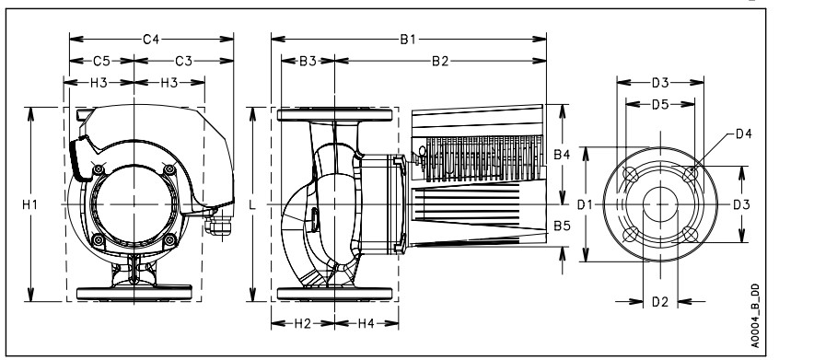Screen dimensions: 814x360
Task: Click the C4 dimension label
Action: pyautogui.click(x=151, y=39)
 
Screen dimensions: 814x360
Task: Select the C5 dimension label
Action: pyautogui.click(x=101, y=61)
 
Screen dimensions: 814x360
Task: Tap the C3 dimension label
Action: pyautogui.click(x=183, y=61)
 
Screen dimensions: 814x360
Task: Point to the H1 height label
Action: pyautogui.click(x=29, y=205)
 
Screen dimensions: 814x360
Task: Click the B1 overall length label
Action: pyautogui.click(x=408, y=40)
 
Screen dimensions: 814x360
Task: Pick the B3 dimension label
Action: pyautogui.click(x=308, y=61)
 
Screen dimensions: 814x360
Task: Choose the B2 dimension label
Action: pyautogui.click(x=440, y=61)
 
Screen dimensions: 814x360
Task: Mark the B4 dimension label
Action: pyautogui.click(x=562, y=155)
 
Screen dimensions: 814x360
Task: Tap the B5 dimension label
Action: pyautogui.click(x=562, y=226)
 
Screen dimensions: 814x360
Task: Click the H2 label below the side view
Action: pyautogui.click(x=303, y=324)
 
